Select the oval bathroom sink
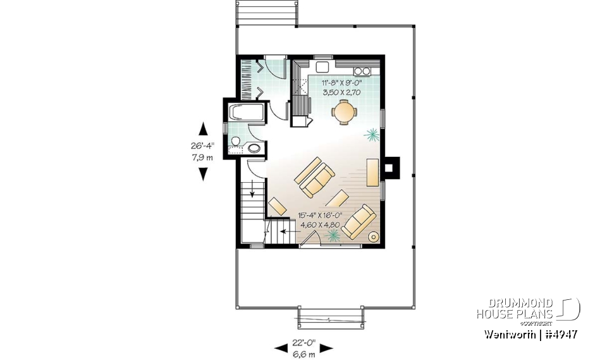[x=254, y=148]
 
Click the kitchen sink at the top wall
[x=321, y=66]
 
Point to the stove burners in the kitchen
[x=362, y=70]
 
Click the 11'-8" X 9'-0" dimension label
[x=341, y=83]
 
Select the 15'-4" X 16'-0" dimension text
[x=323, y=215]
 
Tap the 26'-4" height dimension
[x=202, y=146]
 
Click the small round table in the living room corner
[x=374, y=237]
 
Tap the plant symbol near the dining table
[x=371, y=133]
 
